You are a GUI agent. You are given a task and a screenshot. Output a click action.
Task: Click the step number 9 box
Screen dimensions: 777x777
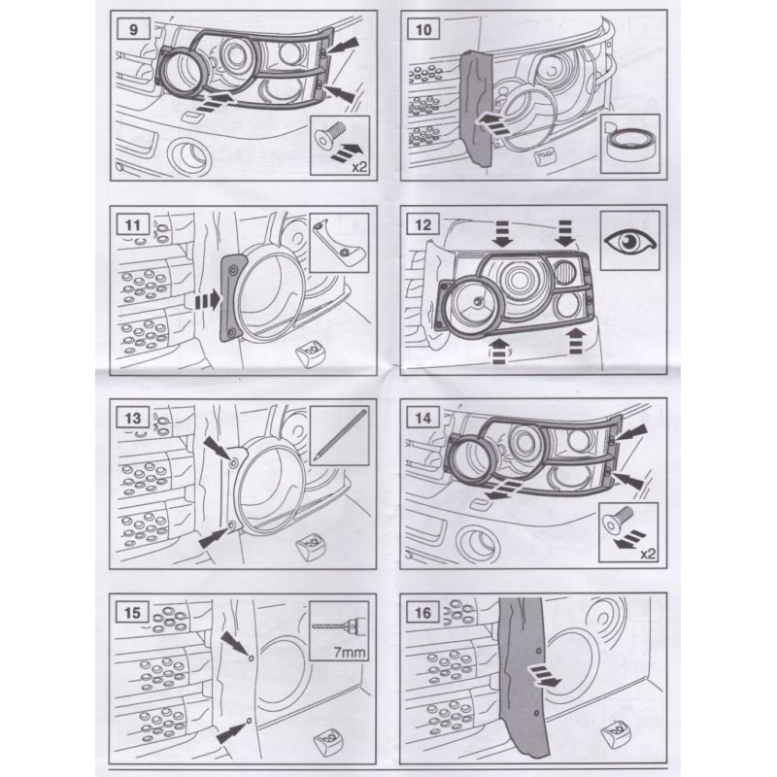click(x=133, y=29)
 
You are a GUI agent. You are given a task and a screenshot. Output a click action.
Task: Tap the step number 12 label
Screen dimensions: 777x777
click(x=422, y=225)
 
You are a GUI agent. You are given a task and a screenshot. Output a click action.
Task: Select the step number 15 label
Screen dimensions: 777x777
click(x=132, y=613)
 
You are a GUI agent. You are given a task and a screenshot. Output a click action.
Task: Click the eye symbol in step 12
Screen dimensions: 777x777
click(x=629, y=241)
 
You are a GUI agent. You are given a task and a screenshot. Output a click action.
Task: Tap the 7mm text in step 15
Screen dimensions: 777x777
click(x=350, y=652)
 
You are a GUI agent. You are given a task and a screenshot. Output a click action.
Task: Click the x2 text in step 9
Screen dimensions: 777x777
click(x=359, y=166)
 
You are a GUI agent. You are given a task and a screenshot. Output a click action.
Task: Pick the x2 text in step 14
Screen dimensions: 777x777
click(x=648, y=554)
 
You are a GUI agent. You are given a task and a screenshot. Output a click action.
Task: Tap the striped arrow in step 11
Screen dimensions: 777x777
click(x=208, y=300)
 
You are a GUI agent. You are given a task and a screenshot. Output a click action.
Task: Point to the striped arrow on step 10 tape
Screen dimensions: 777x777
click(x=489, y=121)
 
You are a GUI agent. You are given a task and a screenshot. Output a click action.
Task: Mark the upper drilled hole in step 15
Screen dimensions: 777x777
click(x=252, y=658)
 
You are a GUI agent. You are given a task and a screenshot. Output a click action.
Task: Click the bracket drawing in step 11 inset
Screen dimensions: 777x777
click(x=336, y=241)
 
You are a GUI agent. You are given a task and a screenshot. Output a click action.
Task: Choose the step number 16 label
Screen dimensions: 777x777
click(x=422, y=613)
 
